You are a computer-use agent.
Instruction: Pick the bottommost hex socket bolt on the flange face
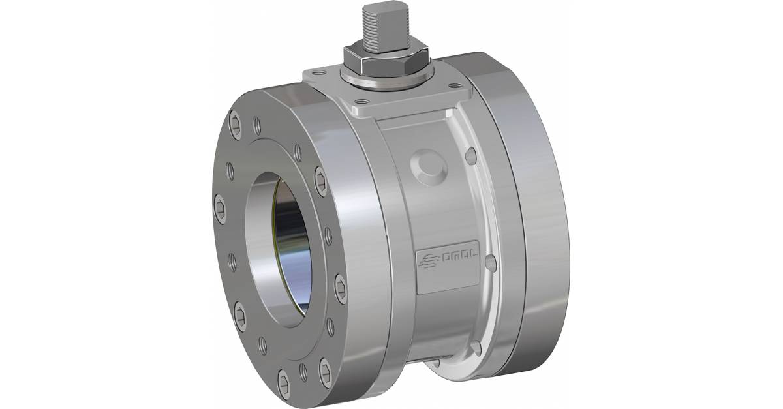click(x=286, y=378)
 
